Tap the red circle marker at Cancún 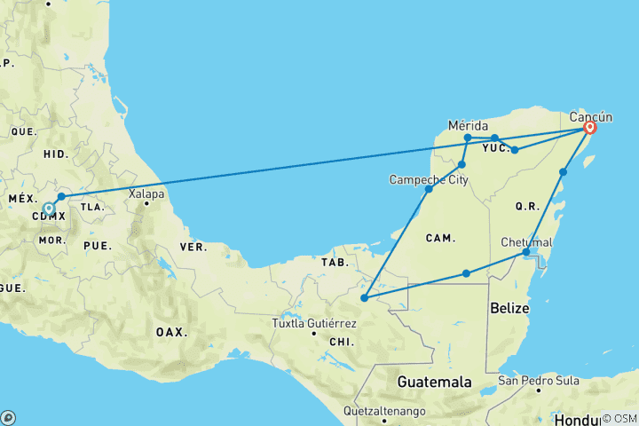589,129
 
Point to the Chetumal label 526,242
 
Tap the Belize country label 509,308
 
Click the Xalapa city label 146,193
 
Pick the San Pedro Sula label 539,381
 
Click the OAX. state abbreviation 172,332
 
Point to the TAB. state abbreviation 334,263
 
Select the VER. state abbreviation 194,246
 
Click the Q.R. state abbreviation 527,206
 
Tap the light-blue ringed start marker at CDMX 49,209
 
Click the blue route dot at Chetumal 526,253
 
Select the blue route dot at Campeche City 429,189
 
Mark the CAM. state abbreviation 441,238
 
